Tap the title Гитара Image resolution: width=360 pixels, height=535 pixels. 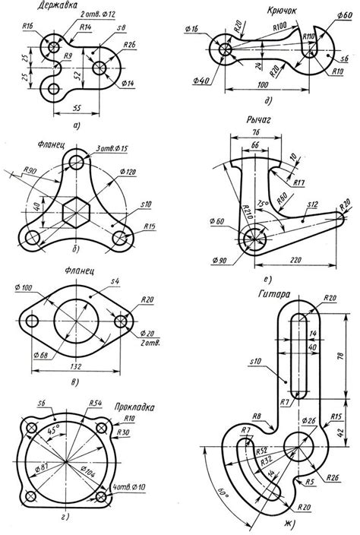point(276,291)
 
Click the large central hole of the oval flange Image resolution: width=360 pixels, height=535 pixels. point(77,320)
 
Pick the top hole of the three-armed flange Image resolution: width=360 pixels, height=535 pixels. point(77,162)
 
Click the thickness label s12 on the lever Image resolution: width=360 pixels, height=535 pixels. point(312,204)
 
